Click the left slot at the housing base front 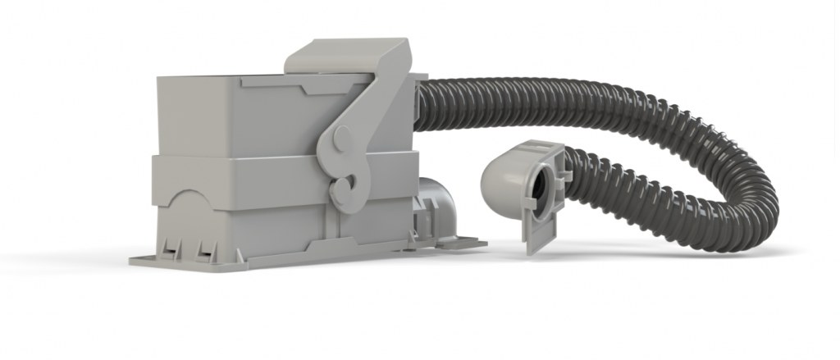click(171, 247)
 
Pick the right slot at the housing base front click(204, 247)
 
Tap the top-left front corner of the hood click(157, 79)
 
